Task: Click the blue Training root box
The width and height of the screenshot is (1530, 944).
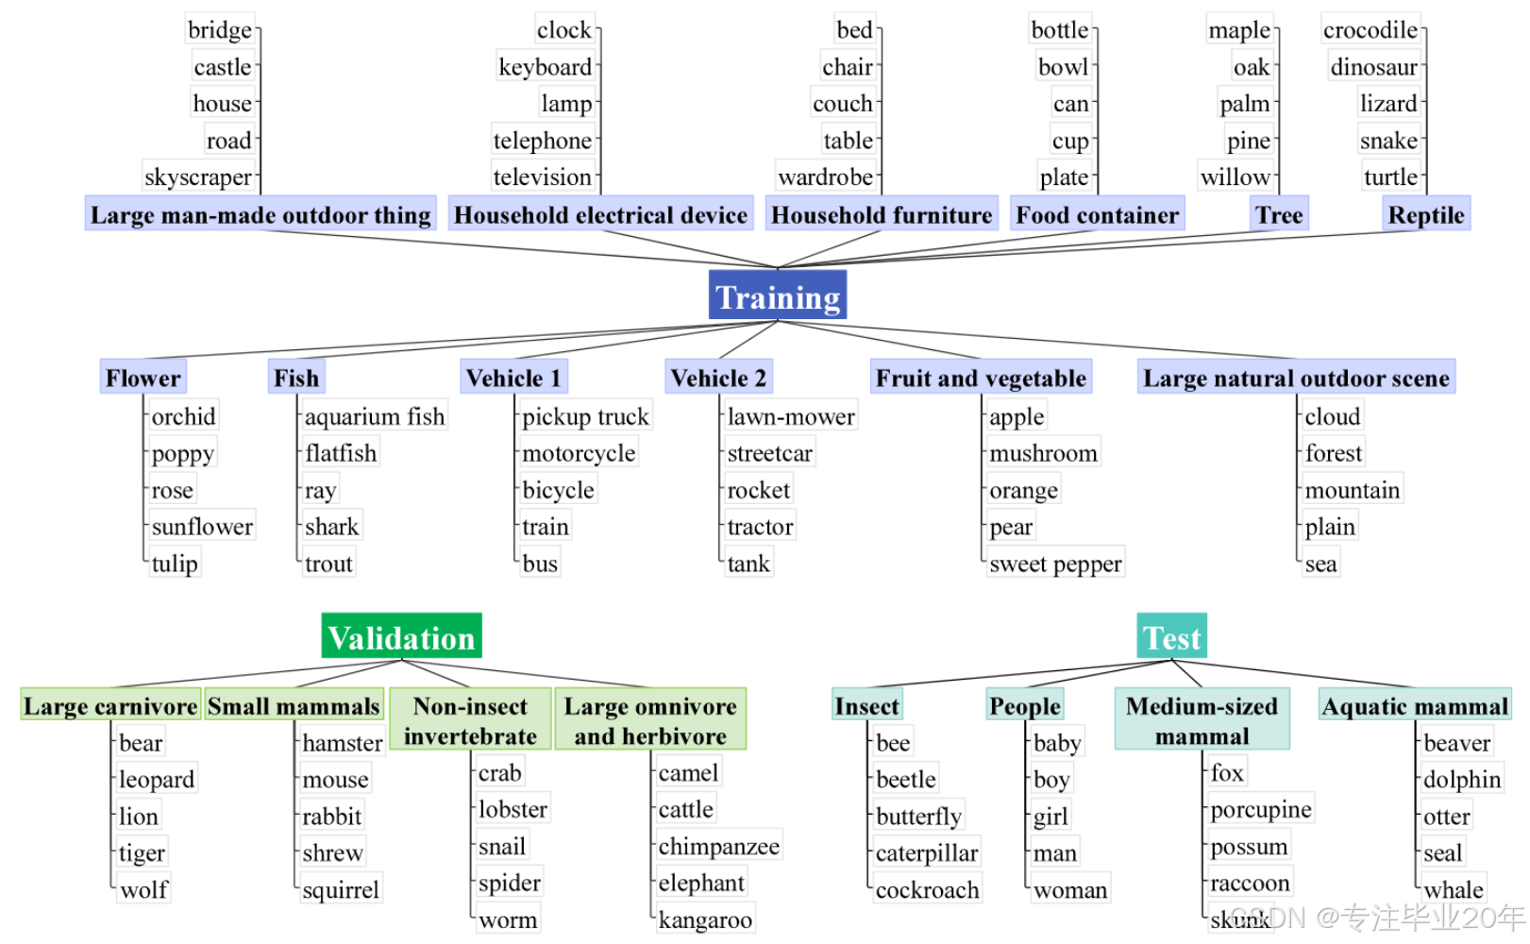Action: [777, 296]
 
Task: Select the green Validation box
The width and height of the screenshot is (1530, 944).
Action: [401, 637]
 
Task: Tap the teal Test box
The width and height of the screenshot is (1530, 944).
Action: [1171, 637]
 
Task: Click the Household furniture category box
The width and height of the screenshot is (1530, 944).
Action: [882, 215]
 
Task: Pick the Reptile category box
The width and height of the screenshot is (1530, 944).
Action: [1425, 215]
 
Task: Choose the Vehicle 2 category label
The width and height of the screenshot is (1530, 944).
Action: [718, 378]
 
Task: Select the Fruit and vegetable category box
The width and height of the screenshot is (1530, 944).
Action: [981, 378]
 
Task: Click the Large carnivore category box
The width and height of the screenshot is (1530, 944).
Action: [110, 706]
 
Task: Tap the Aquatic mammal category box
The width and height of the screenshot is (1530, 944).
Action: [1414, 706]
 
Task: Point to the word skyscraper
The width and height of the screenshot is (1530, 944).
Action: [198, 177]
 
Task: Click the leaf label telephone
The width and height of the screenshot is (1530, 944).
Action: [542, 141]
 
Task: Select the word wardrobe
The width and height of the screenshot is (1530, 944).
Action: [825, 177]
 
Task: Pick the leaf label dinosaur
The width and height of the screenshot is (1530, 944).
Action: [1373, 67]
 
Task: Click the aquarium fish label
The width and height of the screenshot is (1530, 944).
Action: [374, 416]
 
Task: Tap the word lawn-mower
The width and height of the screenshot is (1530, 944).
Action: [791, 416]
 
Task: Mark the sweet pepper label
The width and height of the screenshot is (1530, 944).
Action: [1055, 564]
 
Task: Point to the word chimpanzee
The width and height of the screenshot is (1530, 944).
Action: [718, 846]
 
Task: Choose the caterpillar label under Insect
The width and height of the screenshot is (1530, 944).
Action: [926, 853]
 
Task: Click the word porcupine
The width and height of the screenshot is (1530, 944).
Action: [1261, 809]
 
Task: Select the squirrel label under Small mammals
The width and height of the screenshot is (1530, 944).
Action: [340, 889]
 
